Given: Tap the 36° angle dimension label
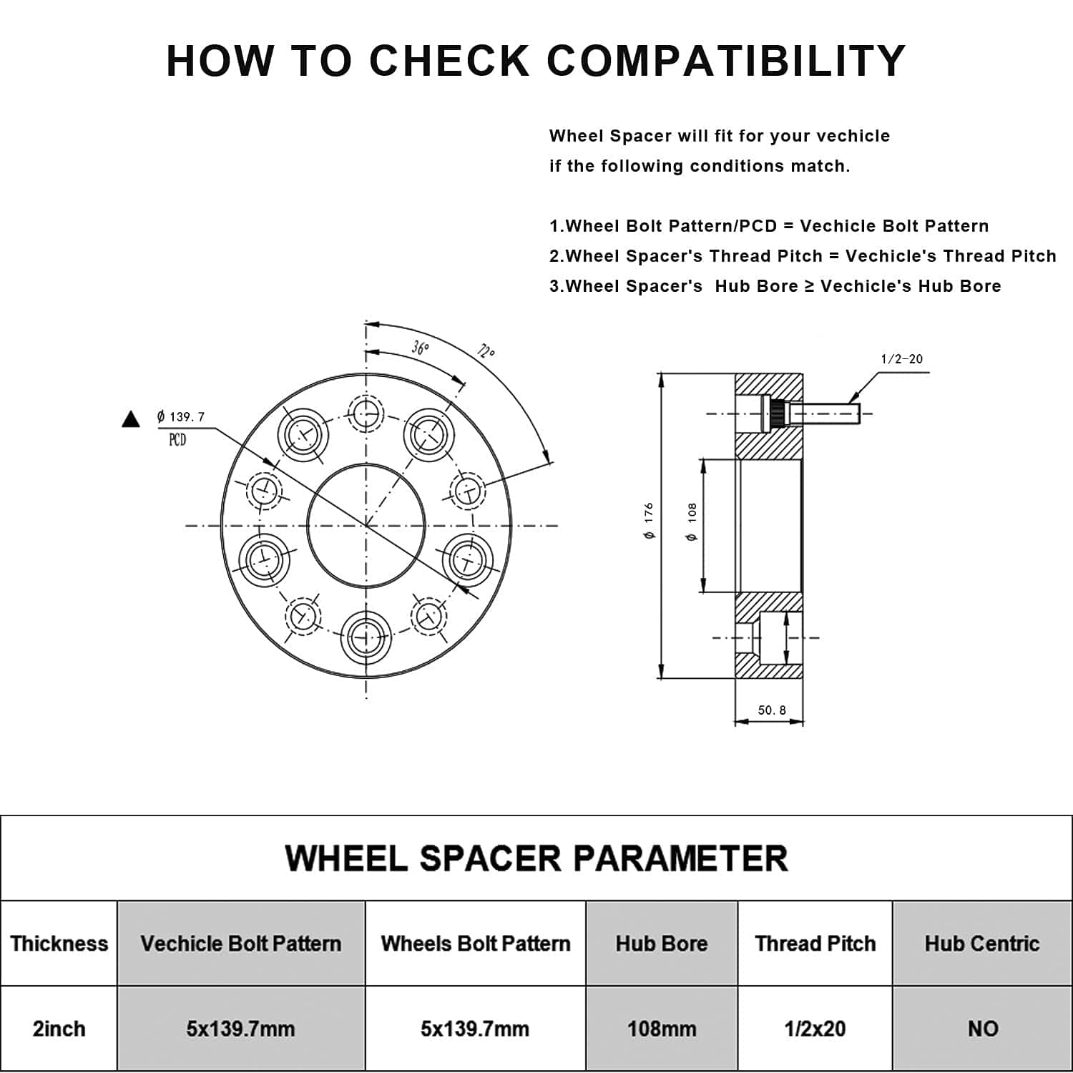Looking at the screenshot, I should point(421,348).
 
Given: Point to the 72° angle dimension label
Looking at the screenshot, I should point(486,351).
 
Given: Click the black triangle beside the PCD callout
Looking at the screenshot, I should point(131,419).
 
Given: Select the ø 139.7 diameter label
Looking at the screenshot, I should point(181,416).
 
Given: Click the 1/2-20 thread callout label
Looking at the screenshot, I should point(901,359).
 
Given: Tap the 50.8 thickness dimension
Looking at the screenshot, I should point(772,710).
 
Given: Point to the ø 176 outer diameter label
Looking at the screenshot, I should point(649,521).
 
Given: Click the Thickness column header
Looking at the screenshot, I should point(59,944).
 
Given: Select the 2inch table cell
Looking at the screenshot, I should point(59,1029).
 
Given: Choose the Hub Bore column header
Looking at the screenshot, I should point(662,944).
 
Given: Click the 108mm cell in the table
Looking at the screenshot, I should point(662,1029).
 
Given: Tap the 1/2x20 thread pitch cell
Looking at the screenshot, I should point(815,1029).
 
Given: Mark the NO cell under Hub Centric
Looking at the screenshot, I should point(982,1029).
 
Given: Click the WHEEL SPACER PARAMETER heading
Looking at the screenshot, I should point(536,858).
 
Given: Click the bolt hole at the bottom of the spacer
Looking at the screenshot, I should point(366,637).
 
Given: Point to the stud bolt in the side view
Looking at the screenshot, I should point(823,413).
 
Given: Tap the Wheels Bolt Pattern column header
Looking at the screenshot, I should point(476,944).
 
